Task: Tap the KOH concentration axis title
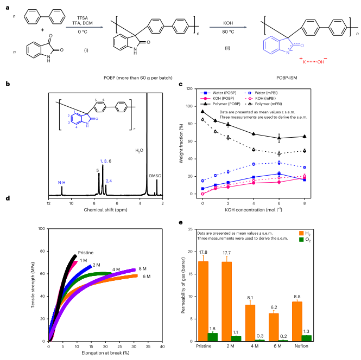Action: (255, 208)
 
